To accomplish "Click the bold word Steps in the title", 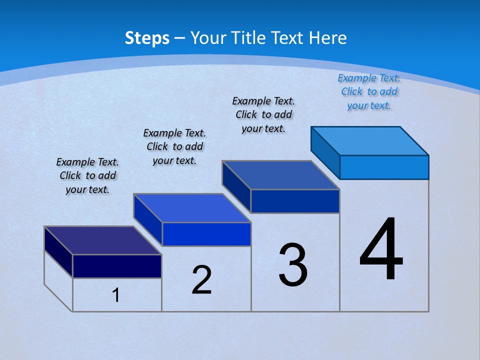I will click(147, 38).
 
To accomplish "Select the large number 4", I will click(381, 250).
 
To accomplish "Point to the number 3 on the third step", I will click(293, 265).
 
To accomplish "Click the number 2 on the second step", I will click(201, 280).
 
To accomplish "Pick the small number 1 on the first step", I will click(116, 295).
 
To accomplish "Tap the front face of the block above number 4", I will click(384, 167).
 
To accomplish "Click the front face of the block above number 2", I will click(206, 234).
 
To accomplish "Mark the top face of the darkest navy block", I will click(103, 240).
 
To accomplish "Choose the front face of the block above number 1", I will click(117, 266).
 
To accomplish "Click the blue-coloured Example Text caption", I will click(369, 91).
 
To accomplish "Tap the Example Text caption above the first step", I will click(87, 175).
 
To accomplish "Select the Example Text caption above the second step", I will click(174, 146).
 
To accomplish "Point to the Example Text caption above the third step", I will click(263, 114).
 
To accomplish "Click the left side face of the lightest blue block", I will click(325, 152).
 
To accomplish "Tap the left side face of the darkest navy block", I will click(58, 252).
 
